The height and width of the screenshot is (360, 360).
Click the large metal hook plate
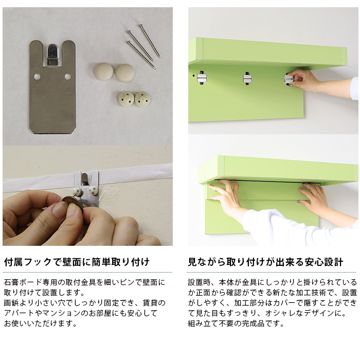pos(52,97)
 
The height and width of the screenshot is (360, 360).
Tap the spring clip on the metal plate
pos(52,55)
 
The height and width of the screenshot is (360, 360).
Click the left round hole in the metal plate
pos(37,77)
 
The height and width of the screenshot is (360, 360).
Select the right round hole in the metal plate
pos(68,77)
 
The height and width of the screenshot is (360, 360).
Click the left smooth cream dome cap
pos(104,71)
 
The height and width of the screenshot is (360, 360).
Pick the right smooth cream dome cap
pos(124,73)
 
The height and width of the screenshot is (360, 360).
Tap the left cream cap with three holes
pos(127,99)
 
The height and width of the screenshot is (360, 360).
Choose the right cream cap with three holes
pos(142,99)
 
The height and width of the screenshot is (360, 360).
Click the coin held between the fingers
pos(73,204)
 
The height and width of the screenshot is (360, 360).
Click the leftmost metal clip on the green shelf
pos(202,78)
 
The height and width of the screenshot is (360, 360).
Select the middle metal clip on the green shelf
pos(247,78)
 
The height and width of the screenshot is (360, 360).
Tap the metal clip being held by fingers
pos(289,79)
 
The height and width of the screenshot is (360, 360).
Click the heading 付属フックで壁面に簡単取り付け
pos(77,262)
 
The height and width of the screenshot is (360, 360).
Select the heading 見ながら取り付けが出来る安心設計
pos(265,262)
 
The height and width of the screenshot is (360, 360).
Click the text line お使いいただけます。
pos(41,323)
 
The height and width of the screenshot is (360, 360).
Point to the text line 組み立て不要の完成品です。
pos(236,323)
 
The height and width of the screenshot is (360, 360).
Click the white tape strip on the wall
pos(87,178)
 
